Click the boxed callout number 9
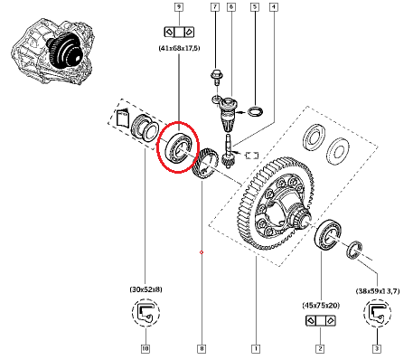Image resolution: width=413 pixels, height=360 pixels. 179,6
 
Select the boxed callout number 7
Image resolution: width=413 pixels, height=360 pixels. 215,6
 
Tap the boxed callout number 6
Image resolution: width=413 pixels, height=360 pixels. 231,6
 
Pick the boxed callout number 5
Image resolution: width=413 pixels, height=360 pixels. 255,6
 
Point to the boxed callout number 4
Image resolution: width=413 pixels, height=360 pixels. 274,6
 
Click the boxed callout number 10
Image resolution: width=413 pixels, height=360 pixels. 145,349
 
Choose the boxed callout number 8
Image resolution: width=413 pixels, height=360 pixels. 202,349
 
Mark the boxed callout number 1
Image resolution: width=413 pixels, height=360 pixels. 256,349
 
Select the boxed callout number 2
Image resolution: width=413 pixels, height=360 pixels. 320,349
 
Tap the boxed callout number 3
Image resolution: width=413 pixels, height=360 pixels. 377,349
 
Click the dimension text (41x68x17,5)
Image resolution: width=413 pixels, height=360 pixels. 179,48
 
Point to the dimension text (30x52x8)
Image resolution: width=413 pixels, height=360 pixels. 145,289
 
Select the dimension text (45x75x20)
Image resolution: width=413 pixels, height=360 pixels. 321,306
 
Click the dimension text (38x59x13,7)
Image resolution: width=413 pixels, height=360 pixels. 378,291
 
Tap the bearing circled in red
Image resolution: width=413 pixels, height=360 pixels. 179,148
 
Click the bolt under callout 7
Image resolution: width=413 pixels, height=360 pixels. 216,76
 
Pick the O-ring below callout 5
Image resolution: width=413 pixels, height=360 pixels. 255,111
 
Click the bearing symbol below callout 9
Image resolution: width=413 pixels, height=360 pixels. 179,32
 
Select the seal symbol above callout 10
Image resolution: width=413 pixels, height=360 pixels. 145,313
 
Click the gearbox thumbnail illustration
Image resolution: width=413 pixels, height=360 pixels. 53,51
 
